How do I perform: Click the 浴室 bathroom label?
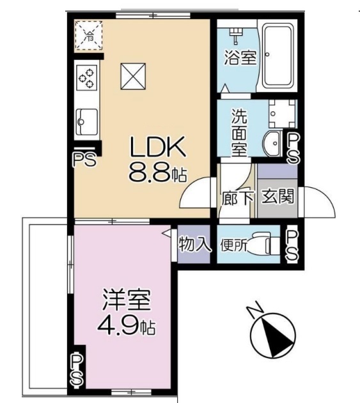pos(240,58)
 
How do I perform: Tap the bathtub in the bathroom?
pos(278,57)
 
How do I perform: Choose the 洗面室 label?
pos(240,130)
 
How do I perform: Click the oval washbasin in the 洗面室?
pos(272,144)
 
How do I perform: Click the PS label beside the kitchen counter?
pos(84,158)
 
